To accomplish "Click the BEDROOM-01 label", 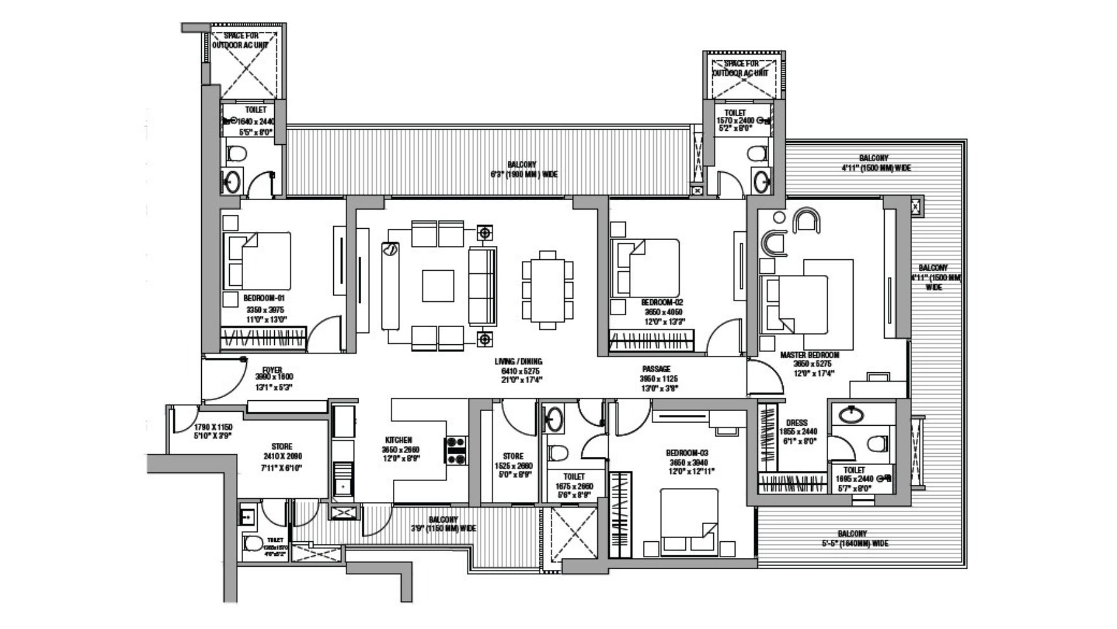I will pos(264,298).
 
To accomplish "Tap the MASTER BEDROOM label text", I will pos(809,355).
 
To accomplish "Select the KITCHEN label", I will pos(399,440).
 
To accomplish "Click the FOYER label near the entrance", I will pos(272,370).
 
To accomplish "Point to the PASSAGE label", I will pos(656,369).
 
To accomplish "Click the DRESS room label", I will pos(796,423).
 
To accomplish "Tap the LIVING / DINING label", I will pos(519,362).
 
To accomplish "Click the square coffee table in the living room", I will pos(438,286).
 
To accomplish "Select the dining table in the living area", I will pos(548,289).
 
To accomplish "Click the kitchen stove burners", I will pos(456,450).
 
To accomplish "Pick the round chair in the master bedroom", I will pos(807,221).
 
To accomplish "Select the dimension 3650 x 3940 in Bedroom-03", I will pos(687,462).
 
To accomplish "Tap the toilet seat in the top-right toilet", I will pos(757,154).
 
